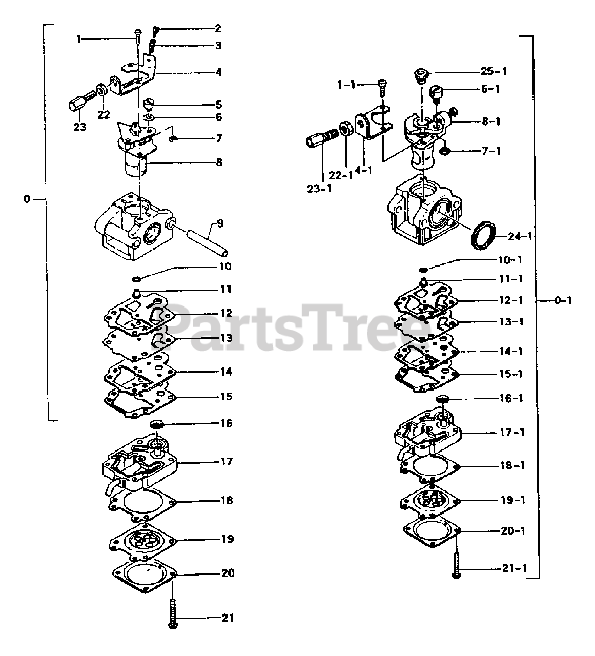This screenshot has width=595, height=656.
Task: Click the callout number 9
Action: point(220,223)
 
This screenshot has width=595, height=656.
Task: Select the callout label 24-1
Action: point(520,237)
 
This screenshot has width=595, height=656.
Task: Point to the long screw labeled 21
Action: point(173,613)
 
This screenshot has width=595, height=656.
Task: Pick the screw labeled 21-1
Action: point(456,563)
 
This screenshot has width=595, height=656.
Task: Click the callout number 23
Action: point(80,127)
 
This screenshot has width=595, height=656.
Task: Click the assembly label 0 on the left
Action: point(27,199)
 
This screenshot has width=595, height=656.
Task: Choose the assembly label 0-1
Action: point(562,301)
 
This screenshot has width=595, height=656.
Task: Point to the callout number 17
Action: point(226,462)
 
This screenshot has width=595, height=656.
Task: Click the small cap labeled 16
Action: point(157,424)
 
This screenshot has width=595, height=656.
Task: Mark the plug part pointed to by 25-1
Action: point(421,75)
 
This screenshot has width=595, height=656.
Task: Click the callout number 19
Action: point(227,539)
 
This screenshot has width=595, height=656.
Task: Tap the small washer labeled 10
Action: point(137,279)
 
